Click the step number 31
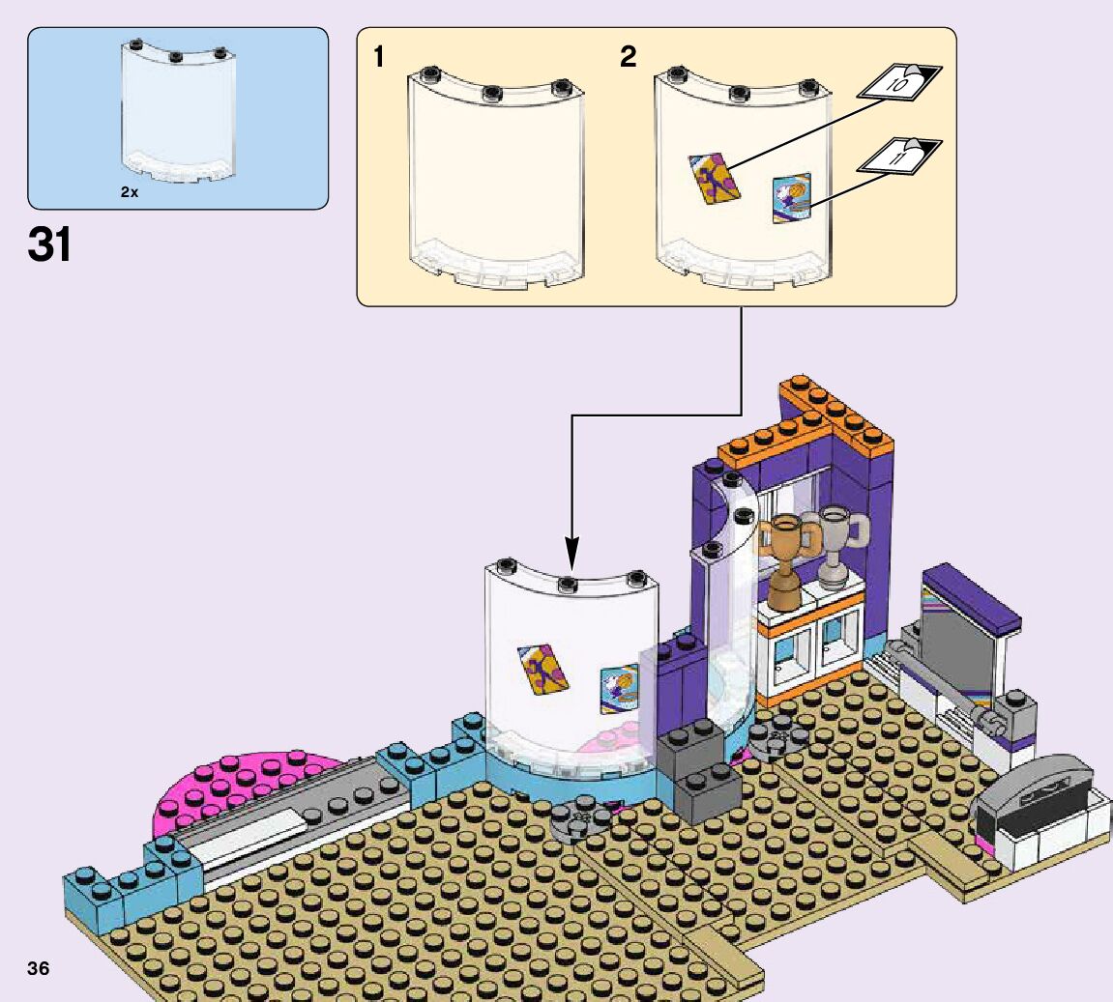pyautogui.click(x=50, y=245)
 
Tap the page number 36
pyautogui.click(x=39, y=968)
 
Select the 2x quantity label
pyautogui.click(x=130, y=192)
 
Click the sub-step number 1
pyautogui.click(x=379, y=58)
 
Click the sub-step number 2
pyautogui.click(x=629, y=58)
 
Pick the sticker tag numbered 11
pyautogui.click(x=900, y=156)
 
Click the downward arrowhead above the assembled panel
pyautogui.click(x=571, y=558)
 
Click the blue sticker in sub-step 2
pyautogui.click(x=791, y=197)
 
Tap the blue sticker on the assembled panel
pyautogui.click(x=619, y=689)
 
